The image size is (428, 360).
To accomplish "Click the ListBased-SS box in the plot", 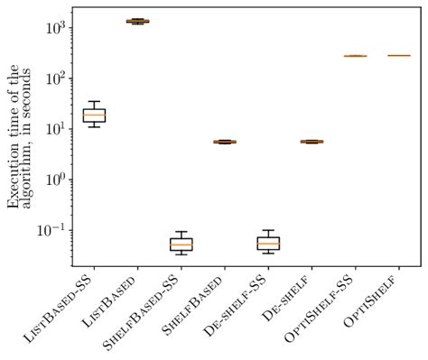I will point(93,115).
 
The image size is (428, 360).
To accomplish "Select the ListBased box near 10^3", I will point(137,21).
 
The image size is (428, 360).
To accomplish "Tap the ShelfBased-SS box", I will point(181,244).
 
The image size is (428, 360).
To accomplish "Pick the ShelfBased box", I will point(224,142).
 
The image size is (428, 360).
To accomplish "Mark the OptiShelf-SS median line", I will point(355,56).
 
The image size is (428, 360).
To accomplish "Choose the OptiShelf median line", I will point(398,56).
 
